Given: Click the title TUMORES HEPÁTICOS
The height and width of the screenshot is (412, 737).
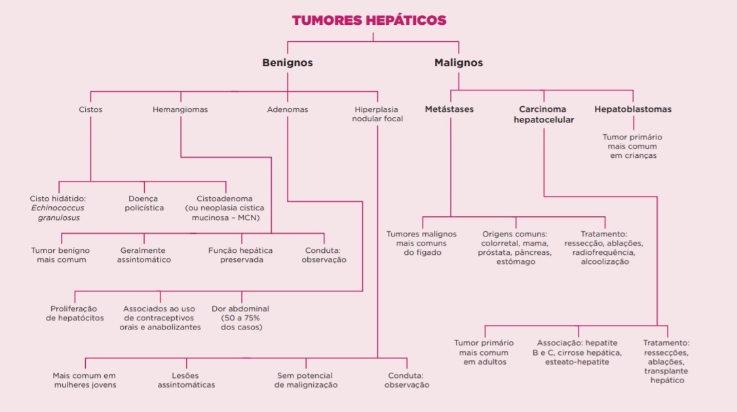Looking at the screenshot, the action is tap(369, 20).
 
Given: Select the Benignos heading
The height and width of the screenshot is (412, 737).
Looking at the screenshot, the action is tap(287, 63).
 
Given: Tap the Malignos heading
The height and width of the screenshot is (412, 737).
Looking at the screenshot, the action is tap(459, 63).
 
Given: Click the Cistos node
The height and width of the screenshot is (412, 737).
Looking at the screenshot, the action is tap(90, 109).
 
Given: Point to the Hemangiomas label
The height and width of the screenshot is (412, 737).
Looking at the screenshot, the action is tap(180, 109).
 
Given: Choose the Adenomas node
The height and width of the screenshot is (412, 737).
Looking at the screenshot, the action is tap(287, 109).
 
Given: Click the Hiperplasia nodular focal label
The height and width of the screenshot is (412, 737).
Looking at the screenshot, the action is tap(377, 114).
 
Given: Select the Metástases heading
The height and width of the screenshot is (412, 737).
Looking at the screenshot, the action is tap(449, 109).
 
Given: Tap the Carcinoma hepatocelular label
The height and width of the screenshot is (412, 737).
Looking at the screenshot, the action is tap(543, 114).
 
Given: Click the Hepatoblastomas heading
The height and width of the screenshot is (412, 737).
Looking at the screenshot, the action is tap(633, 109).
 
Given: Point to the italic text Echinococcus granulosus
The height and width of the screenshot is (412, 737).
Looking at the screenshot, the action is tap(58, 213).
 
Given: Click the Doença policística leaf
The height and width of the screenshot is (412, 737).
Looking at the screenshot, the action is tap(143, 203).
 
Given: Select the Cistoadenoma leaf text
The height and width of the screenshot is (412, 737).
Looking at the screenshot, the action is tap(225, 208).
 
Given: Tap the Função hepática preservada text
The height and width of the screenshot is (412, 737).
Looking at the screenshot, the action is tap(240, 255).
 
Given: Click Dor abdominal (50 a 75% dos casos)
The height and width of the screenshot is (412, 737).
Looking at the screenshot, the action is tap(240, 318).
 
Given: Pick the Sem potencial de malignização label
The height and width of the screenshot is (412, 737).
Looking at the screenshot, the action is tap(306, 380).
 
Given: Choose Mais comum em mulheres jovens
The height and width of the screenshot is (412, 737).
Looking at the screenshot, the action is tap(85, 380).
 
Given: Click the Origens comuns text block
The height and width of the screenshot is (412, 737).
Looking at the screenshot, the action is tap(515, 248).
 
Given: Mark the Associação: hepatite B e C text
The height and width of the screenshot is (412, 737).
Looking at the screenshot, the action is tap(577, 352).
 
